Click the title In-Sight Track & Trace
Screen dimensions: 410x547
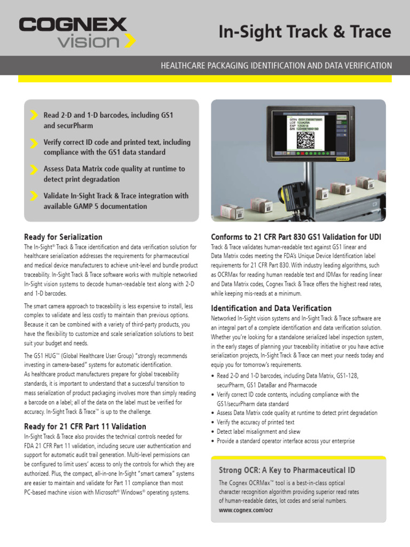click(x=305, y=32)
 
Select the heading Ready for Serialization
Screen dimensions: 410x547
click(x=63, y=237)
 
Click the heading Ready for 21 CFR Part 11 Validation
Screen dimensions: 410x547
click(x=85, y=426)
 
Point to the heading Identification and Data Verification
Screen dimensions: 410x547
click(x=271, y=308)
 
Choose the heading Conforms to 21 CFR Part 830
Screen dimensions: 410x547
click(x=296, y=237)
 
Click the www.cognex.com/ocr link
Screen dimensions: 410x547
click(x=246, y=510)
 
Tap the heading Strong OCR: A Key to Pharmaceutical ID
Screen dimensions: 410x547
click(x=287, y=470)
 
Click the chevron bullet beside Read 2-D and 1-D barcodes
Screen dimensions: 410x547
click(x=34, y=115)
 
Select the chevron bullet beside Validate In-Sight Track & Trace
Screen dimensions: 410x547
click(x=34, y=196)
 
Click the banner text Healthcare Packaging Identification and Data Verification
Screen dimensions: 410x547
click(x=276, y=66)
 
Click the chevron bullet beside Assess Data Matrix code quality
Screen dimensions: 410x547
click(x=34, y=169)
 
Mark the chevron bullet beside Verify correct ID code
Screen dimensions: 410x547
click(x=34, y=143)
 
